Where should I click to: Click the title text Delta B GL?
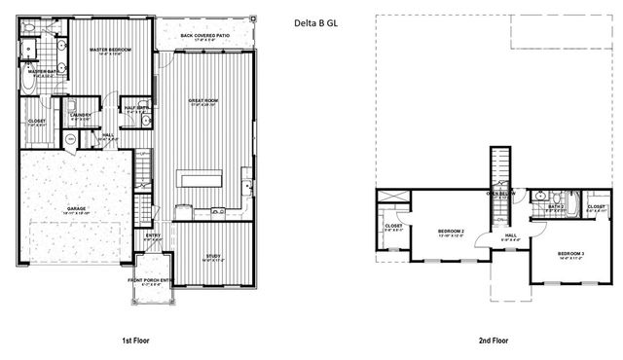click(x=318, y=21)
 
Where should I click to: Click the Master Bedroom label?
click(x=110, y=50)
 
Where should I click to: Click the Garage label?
click(x=76, y=209)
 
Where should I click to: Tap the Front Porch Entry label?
click(x=150, y=282)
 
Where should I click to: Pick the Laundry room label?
click(x=80, y=117)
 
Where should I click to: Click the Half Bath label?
click(x=134, y=109)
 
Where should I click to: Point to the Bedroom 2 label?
click(x=450, y=232)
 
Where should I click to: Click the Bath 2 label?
click(x=557, y=207)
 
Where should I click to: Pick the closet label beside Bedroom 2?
click(x=394, y=227)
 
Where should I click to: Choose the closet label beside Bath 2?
click(x=596, y=207)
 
